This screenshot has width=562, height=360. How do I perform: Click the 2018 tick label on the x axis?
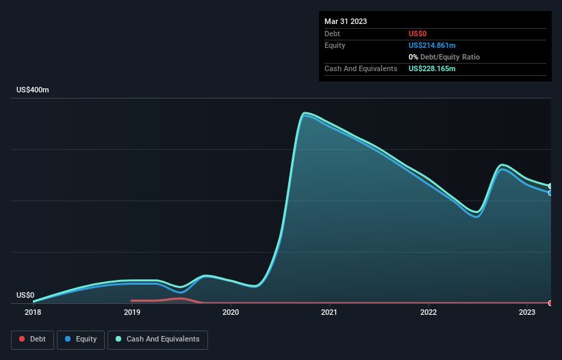33,313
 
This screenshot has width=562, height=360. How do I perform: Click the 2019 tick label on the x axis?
132,313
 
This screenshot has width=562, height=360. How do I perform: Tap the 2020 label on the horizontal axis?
231,313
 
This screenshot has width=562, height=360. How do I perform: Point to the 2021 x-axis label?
330,313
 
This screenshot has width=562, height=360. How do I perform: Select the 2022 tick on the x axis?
429,313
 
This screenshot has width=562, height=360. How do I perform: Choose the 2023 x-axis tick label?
527,313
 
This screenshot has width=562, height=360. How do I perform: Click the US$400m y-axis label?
33,90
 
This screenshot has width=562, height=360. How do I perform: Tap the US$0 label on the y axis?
25,295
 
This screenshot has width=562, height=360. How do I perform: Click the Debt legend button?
32,339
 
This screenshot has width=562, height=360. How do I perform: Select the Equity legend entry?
81,339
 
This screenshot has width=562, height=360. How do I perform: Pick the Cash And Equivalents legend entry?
157,339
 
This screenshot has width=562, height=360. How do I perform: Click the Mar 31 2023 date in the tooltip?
346,21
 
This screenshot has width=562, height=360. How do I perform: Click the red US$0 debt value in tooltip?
418,34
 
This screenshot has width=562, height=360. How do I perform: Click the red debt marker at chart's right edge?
550,303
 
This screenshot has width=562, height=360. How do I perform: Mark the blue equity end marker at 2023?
550,193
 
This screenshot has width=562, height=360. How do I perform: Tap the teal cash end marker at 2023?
550,186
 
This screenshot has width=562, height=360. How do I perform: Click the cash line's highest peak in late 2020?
305,113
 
